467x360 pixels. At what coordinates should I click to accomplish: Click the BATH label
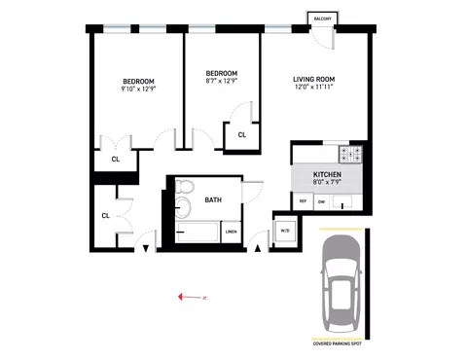pyautogui.click(x=213, y=200)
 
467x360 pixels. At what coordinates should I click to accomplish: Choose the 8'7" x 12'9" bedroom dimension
pyautogui.click(x=221, y=83)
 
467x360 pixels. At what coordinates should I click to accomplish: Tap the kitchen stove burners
pyautogui.click(x=351, y=153)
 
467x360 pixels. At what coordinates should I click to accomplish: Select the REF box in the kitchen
pyautogui.click(x=303, y=200)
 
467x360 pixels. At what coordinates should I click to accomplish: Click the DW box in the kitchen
pyautogui.click(x=321, y=200)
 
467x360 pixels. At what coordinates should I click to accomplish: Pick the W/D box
pyautogui.click(x=285, y=231)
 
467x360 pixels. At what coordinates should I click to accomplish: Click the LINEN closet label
pyautogui.click(x=231, y=232)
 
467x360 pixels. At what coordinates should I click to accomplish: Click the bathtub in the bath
pyautogui.click(x=198, y=233)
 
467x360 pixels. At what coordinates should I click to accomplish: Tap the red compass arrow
pyautogui.click(x=192, y=298)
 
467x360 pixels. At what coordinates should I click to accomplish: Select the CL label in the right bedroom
pyautogui.click(x=241, y=136)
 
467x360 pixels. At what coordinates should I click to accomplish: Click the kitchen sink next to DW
pyautogui.click(x=343, y=202)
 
